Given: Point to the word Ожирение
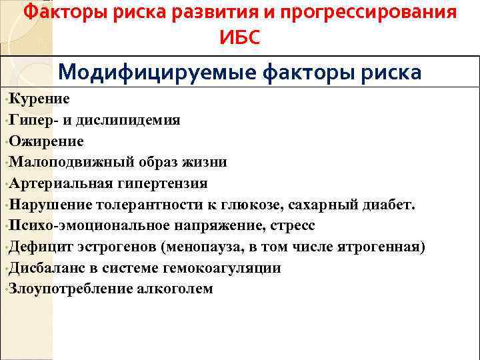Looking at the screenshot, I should (x=47, y=141).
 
